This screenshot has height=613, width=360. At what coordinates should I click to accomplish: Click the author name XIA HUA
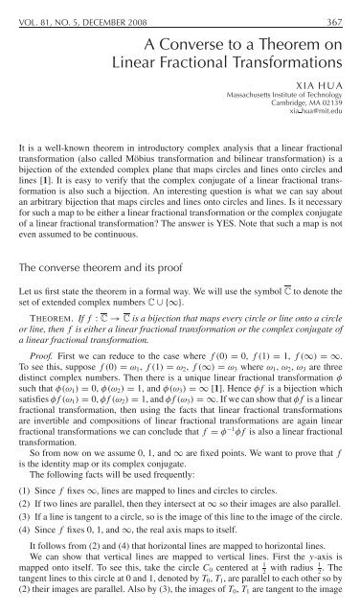326,85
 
